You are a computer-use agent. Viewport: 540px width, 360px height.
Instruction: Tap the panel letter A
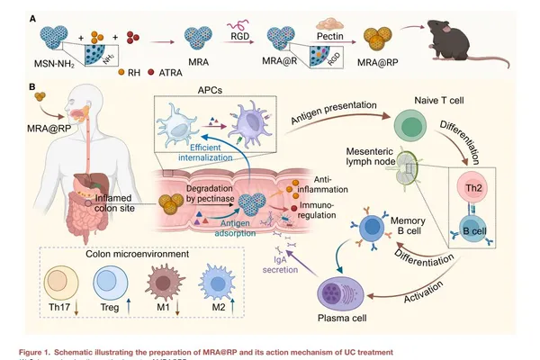coord(33,18)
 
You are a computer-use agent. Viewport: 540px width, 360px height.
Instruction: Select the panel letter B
coord(33,88)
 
